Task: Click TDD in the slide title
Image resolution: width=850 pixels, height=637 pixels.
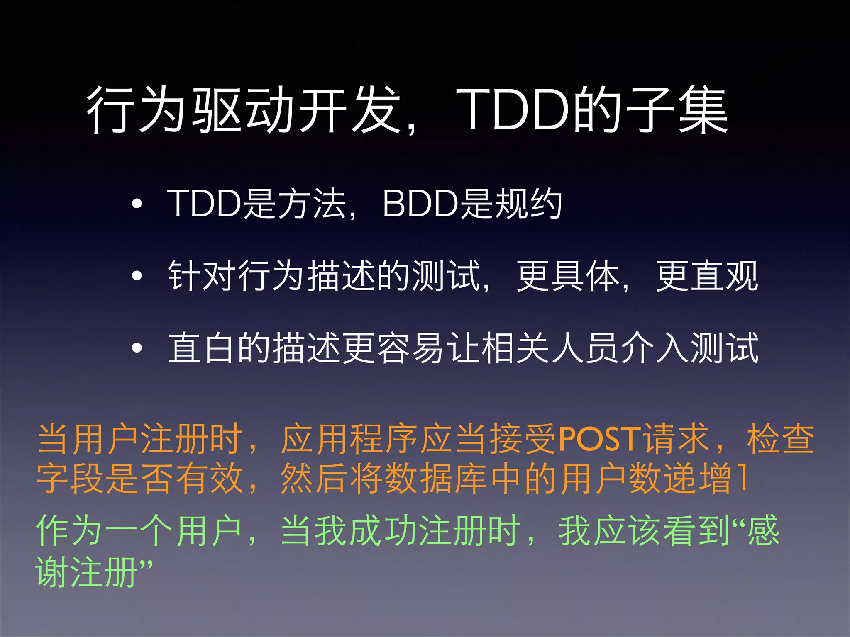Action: (515, 109)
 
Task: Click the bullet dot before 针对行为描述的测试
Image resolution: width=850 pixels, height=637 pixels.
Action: (137, 276)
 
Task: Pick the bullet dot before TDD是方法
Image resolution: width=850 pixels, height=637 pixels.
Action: (137, 204)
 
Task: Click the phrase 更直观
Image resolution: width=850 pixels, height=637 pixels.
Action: (707, 276)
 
